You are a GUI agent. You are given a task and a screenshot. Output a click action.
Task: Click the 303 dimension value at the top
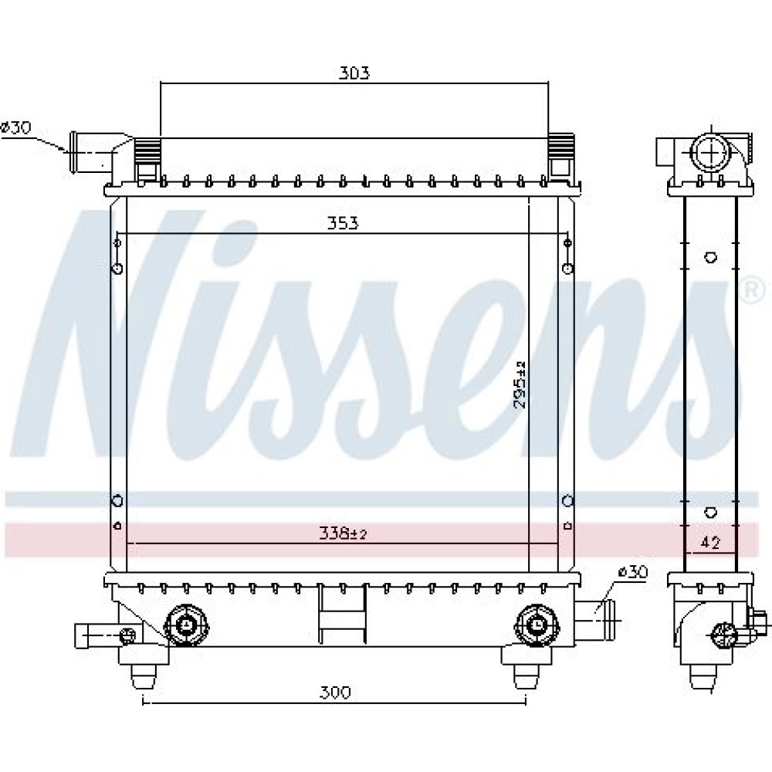(354, 73)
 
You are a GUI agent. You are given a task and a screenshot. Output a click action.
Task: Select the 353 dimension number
(343, 224)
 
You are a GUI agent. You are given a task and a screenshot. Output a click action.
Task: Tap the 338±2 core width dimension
(343, 533)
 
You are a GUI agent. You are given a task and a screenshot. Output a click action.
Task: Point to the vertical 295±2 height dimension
(520, 384)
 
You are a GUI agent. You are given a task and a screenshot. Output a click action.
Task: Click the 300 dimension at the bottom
(335, 692)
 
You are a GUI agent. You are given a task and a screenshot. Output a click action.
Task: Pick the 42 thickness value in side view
(709, 543)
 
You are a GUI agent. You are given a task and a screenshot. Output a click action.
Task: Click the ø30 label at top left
(16, 128)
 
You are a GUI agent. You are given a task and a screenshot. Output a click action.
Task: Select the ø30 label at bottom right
(633, 572)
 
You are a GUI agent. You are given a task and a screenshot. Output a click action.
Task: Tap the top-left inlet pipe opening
(74, 152)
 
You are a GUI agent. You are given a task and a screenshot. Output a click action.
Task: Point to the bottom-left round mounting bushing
(187, 625)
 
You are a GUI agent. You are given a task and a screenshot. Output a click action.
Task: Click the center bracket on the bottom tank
(343, 614)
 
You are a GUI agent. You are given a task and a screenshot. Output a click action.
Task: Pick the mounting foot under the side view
(703, 678)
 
